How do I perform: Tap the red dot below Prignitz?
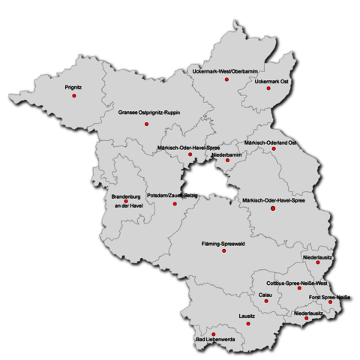[x=74, y=96]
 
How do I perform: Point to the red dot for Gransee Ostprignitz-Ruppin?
[x=147, y=123]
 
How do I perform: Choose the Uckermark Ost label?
[x=271, y=81]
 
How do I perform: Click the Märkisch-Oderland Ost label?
[x=271, y=142]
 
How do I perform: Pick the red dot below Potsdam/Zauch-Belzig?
[x=175, y=203]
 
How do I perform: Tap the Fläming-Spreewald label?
[x=224, y=244]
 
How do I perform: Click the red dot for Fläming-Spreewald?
[x=223, y=251]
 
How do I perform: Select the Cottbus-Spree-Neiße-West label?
[x=298, y=283]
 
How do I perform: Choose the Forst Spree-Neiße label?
[x=330, y=296]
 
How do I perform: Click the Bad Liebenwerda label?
[x=215, y=342]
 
